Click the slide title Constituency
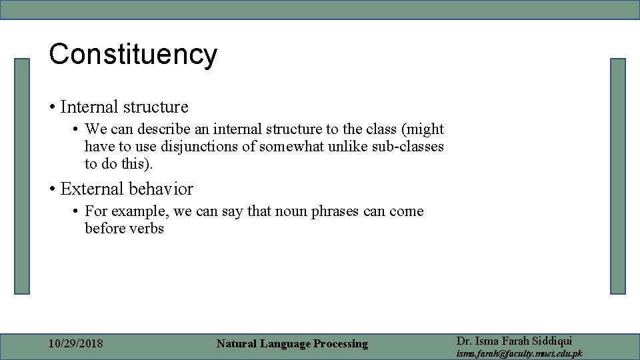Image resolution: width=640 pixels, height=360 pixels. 133,55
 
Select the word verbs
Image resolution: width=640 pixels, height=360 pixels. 146,229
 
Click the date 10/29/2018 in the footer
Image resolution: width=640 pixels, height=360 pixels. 76,344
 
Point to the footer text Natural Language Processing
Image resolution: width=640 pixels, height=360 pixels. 292,344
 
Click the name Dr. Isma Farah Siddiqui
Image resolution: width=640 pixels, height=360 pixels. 514,341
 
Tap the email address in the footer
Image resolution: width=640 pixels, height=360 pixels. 519,353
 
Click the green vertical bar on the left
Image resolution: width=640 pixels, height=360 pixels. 23,176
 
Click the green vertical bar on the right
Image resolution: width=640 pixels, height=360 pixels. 618,176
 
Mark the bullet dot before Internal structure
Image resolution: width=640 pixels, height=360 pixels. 52,107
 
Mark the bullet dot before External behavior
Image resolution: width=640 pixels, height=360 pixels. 52,190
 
